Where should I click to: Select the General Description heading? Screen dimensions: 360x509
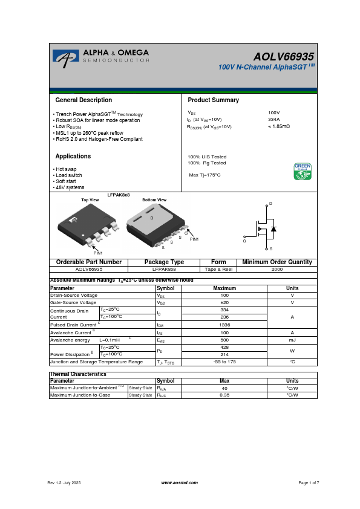pyautogui.click(x=83, y=100)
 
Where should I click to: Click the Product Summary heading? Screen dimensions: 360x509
pyautogui.click(x=213, y=100)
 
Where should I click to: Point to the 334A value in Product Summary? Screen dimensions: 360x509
pyautogui.click(x=274, y=120)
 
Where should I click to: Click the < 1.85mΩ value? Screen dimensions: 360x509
pyautogui.click(x=279, y=127)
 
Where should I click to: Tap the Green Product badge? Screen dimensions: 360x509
pyautogui.click(x=302, y=171)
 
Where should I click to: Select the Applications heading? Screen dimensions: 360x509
pyautogui.click(x=73, y=156)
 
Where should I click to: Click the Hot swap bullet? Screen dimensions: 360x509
pyautogui.click(x=65, y=169)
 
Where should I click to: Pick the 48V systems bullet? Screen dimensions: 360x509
pyautogui.click(x=69, y=187)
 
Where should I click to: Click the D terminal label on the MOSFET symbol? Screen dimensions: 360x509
pyautogui.click(x=270, y=203)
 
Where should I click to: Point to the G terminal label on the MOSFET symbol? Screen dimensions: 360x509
pyautogui.click(x=244, y=241)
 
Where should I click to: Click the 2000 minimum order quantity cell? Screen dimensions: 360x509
pyautogui.click(x=277, y=268)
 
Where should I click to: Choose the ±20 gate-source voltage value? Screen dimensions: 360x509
pyautogui.click(x=224, y=302)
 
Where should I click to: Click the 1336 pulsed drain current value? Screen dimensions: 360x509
pyautogui.click(x=224, y=325)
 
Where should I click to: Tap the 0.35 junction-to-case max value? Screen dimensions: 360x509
pyautogui.click(x=224, y=395)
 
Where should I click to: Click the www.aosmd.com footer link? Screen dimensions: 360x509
pyautogui.click(x=180, y=482)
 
